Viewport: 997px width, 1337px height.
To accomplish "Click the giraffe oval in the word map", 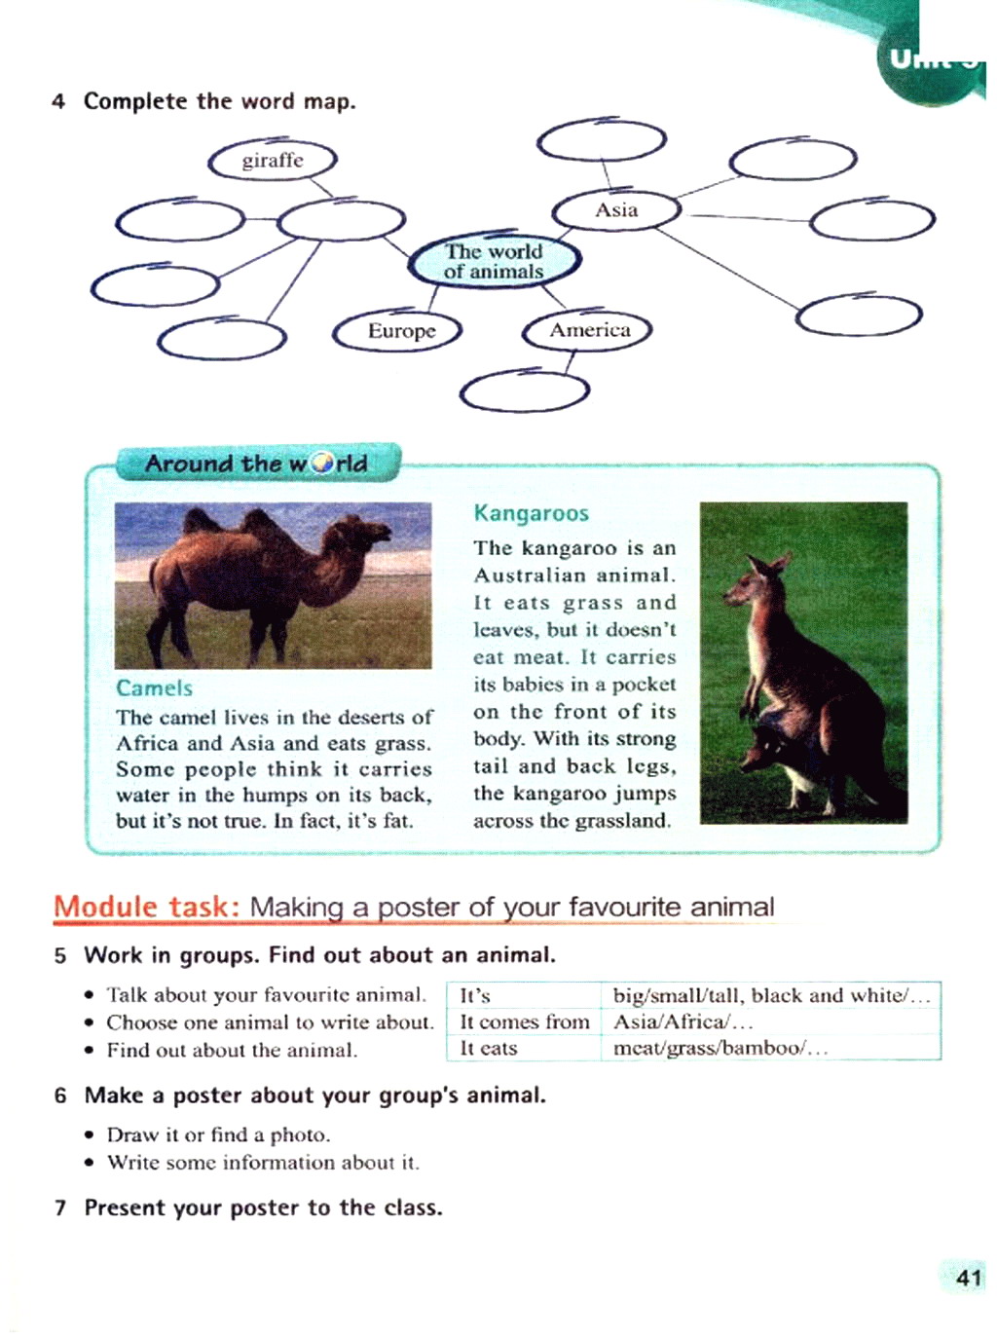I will coord(273,161).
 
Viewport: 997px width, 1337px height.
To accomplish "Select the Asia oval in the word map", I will coord(616,210).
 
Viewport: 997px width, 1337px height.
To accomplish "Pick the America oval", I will coord(588,331).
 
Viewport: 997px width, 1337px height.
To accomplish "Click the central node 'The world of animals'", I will coord(495,261).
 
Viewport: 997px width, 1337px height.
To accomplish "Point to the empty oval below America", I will coord(525,391).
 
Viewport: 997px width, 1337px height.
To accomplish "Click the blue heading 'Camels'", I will coord(154,688).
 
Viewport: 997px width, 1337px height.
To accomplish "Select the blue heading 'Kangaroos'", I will coord(531,513).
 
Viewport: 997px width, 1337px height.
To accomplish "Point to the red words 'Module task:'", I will coord(147,907).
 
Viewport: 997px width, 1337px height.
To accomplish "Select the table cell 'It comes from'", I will coord(524,1021).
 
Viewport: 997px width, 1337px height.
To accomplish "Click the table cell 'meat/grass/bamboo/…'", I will coord(720,1049).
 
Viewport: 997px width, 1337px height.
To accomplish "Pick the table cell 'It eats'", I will coord(489,1049).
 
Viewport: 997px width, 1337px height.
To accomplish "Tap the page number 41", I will coord(968,1278).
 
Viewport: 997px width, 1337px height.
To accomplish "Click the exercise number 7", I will coord(60,1208).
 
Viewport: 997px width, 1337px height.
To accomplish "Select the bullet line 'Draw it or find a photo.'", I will coord(218,1134).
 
